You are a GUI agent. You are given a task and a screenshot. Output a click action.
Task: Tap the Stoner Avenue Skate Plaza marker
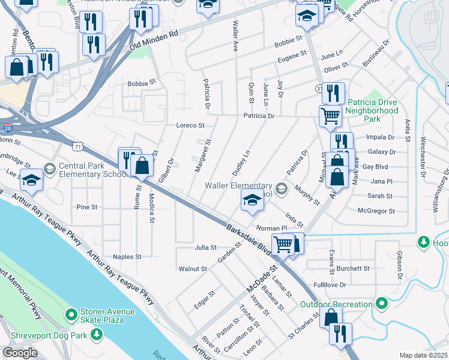(71, 314)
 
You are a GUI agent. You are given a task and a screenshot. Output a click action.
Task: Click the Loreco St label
(190, 126)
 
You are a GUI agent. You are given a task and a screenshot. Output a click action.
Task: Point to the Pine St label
(87, 207)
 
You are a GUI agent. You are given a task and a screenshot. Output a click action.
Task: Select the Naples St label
(127, 256)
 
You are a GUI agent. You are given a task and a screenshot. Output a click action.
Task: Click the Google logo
(20, 353)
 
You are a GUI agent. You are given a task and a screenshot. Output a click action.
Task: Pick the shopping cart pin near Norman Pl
(283, 244)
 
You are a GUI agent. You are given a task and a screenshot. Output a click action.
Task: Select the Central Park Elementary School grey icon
(49, 170)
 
